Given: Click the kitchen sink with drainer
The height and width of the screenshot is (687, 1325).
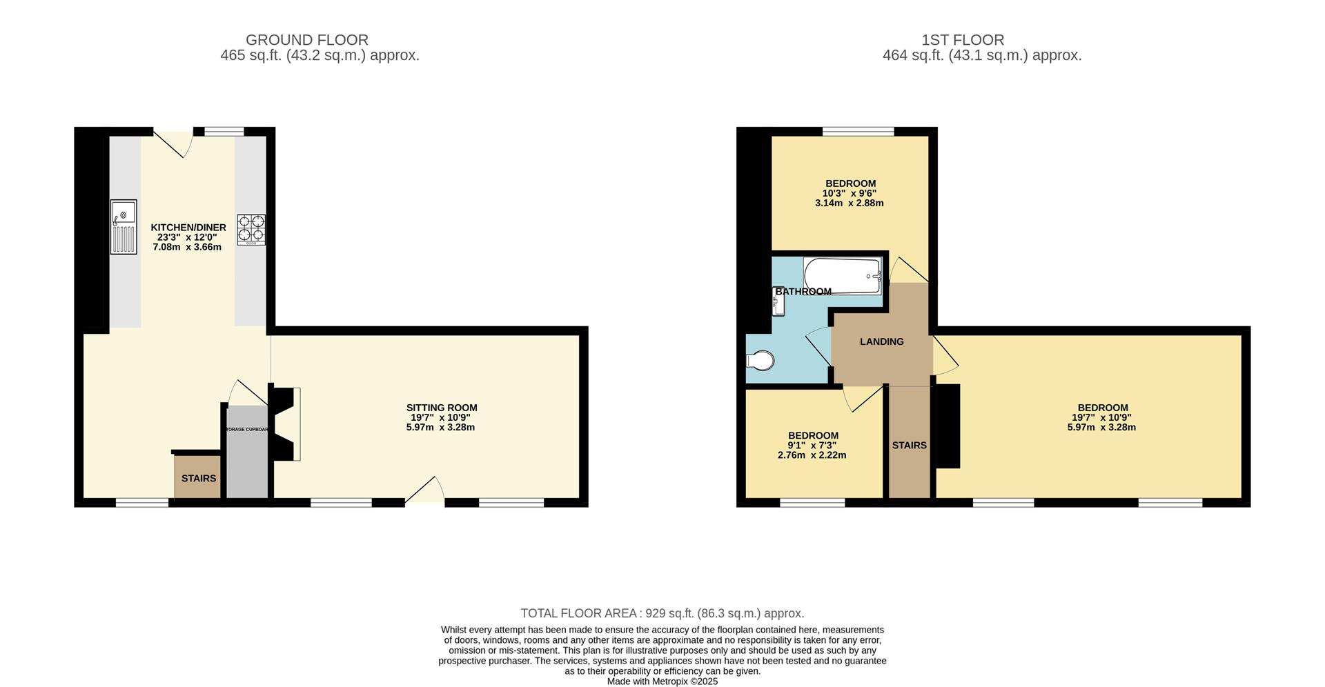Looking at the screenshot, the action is point(124,227).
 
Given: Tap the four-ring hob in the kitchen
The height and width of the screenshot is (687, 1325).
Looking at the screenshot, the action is point(251,230).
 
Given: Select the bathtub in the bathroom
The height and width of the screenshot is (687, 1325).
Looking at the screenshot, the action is point(843,276).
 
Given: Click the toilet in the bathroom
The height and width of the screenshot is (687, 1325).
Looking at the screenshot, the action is point(760,360).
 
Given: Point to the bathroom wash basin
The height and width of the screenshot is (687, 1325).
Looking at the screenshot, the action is point(778,302).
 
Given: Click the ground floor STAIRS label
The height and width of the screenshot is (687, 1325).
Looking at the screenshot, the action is point(199,478).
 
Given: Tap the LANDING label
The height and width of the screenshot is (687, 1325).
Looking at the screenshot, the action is point(882,341).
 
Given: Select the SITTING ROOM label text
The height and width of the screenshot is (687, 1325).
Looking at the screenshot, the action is point(442,408).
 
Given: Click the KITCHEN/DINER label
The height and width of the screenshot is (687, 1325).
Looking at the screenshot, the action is point(188,227).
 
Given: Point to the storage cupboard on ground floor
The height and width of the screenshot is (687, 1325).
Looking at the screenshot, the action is point(247,451).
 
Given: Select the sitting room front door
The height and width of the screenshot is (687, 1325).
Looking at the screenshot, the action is point(424,490).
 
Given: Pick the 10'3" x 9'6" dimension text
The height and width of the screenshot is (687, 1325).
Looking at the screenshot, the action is point(850,193).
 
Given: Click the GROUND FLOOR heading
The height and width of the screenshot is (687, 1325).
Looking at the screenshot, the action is point(306,40).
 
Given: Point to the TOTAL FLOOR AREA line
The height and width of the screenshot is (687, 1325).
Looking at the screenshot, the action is point(662,613).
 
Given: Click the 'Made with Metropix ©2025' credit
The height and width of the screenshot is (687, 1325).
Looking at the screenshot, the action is point(662,681).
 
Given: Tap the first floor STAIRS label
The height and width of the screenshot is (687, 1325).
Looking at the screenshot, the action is point(909,445).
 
